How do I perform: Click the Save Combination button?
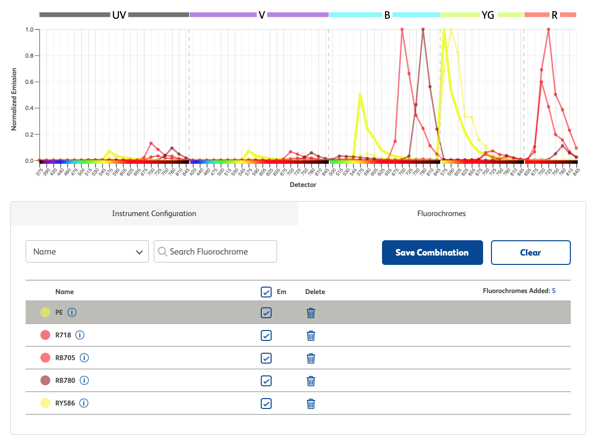(432, 253)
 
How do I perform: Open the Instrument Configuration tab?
(154, 214)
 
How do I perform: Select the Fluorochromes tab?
(441, 214)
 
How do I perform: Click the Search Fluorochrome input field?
(215, 252)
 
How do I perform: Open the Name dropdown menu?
(87, 252)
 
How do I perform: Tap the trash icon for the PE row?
(311, 313)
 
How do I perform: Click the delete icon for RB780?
(311, 381)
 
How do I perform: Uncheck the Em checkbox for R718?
(266, 335)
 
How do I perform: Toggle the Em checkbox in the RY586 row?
(266, 404)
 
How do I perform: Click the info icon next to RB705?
(84, 358)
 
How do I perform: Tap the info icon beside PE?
(72, 312)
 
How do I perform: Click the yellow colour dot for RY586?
(45, 403)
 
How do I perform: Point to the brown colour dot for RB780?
(45, 380)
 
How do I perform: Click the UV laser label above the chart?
(119, 15)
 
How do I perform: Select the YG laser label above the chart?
(488, 15)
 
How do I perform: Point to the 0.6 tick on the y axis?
(29, 82)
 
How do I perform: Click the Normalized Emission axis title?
(14, 99)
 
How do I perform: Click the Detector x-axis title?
(303, 185)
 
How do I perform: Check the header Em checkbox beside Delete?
(266, 292)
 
